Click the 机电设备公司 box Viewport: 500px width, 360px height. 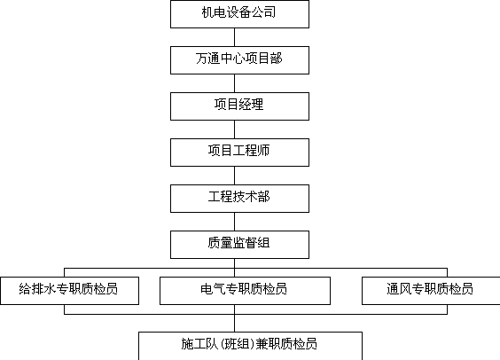pyautogui.click(x=239, y=14)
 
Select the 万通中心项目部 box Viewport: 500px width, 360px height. pyautogui.click(x=239, y=60)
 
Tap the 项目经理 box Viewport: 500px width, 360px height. pyautogui.click(x=239, y=106)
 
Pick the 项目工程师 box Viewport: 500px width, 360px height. pyautogui.click(x=239, y=153)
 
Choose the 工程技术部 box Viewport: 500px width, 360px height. pyautogui.click(x=239, y=199)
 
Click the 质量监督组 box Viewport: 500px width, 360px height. pyautogui.click(x=239, y=245)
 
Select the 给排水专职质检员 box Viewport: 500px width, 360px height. pyautogui.click(x=69, y=291)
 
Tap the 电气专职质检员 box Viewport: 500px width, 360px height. pyautogui.click(x=245, y=291)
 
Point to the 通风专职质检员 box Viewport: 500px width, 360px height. pyautogui.click(x=431, y=291)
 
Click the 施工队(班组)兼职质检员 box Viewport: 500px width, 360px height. pyautogui.click(x=250, y=346)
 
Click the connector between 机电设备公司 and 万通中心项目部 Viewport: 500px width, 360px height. pyautogui.click(x=235, y=37)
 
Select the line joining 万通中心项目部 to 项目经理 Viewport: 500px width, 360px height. pyautogui.click(x=235, y=83)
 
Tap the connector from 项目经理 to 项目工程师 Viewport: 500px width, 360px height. pyautogui.click(x=235, y=129)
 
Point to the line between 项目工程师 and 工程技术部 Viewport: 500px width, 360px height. pyautogui.click(x=235, y=176)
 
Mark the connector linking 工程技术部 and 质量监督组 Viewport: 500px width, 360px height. pyautogui.click(x=235, y=222)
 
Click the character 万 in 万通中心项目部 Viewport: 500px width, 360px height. pyautogui.click(x=201, y=59)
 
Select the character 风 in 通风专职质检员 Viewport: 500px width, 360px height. pyautogui.click(x=405, y=288)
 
